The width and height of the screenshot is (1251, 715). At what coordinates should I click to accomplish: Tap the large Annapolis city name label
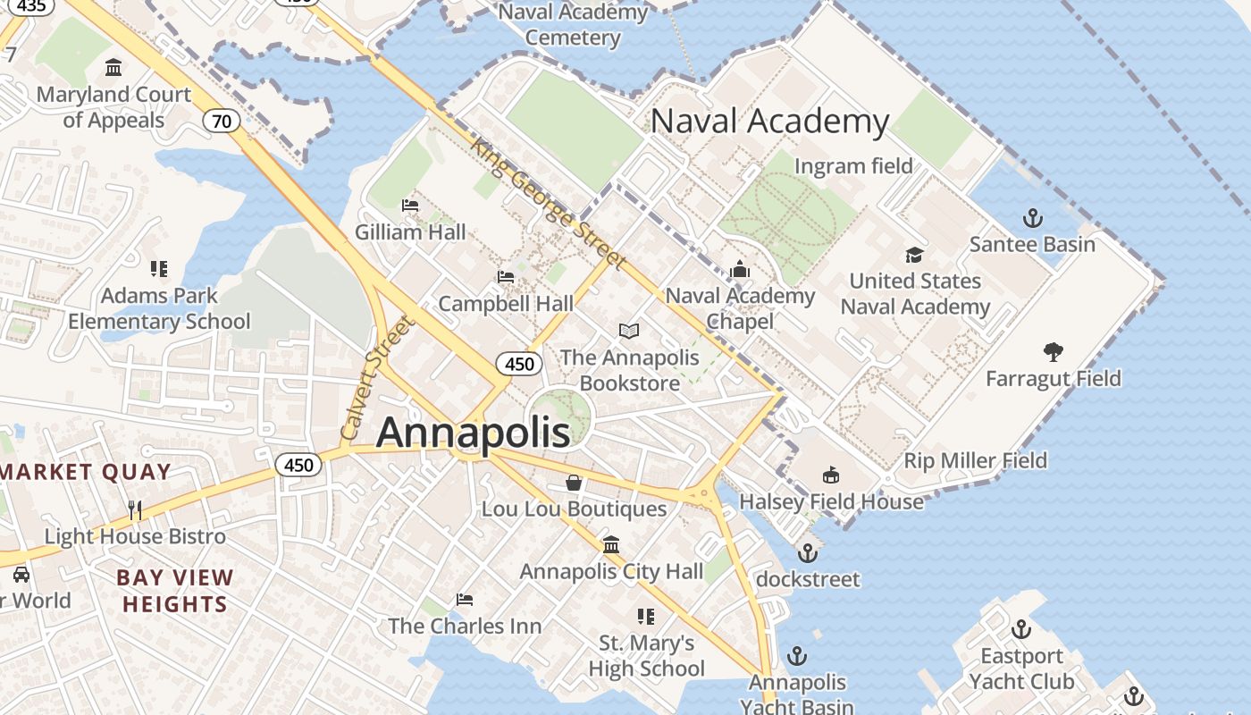tap(473, 433)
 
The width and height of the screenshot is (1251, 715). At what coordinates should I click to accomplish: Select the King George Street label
tap(546, 203)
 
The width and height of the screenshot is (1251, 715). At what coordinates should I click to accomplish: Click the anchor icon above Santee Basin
tap(1032, 218)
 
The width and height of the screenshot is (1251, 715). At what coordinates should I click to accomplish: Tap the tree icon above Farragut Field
tap(1054, 352)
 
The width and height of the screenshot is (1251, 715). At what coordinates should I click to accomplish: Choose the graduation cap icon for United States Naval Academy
tap(914, 255)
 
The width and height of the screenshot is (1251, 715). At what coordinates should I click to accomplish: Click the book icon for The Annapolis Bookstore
tap(629, 332)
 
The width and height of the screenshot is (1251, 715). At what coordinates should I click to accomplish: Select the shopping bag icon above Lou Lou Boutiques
tap(574, 483)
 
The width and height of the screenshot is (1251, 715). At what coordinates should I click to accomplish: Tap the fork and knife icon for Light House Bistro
tap(135, 509)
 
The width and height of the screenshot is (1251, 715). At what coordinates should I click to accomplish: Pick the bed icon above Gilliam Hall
tap(410, 206)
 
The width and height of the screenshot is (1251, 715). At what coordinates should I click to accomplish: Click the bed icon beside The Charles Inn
tap(465, 599)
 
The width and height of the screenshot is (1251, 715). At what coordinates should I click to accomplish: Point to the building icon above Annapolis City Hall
tap(611, 544)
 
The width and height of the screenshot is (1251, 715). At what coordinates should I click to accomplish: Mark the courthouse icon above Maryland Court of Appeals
tap(113, 68)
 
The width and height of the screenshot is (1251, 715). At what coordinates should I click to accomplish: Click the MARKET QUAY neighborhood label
tap(86, 472)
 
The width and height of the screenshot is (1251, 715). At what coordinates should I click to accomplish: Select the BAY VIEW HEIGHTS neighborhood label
tap(175, 591)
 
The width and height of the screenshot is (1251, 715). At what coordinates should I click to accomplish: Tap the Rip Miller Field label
tap(975, 461)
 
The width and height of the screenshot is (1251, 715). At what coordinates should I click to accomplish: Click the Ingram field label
tap(853, 166)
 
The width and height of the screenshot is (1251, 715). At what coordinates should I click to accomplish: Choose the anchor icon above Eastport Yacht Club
tap(1021, 629)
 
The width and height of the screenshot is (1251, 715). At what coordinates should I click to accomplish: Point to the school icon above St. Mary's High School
tap(646, 616)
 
